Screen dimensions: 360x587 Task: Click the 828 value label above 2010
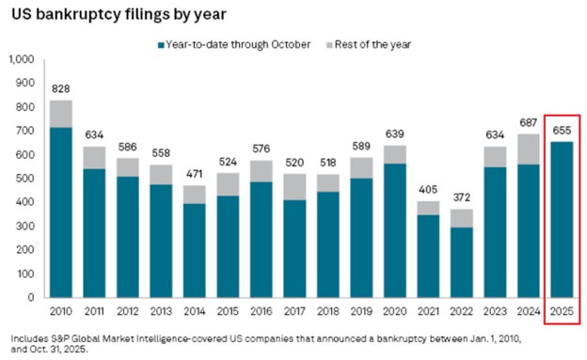(61, 86)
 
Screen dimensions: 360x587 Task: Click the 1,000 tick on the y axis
(21, 59)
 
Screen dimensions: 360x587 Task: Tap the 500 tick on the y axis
(25, 179)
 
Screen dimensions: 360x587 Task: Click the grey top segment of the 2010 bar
(61, 113)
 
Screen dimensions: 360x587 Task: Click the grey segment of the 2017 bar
(295, 186)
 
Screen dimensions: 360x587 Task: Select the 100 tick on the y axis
(25, 274)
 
